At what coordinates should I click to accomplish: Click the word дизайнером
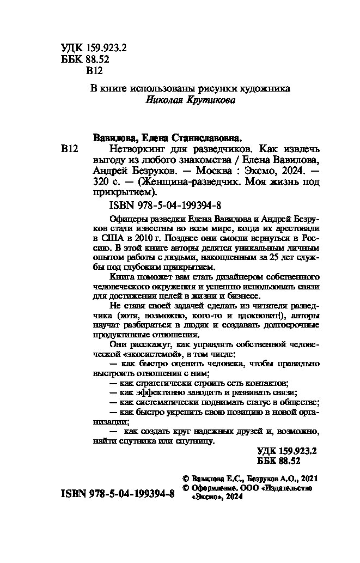(215, 286)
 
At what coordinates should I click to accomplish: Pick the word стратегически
(157, 383)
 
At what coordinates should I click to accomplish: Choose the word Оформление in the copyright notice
(215, 488)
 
